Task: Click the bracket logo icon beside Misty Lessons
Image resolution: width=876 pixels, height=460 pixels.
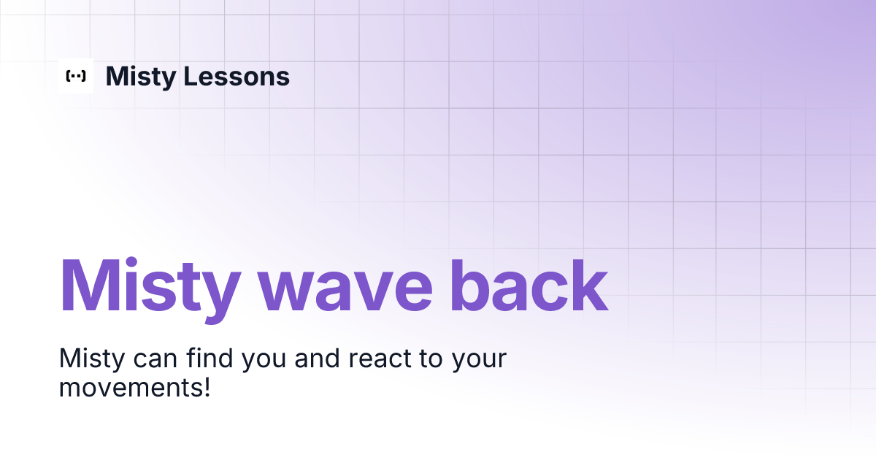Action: click(x=76, y=76)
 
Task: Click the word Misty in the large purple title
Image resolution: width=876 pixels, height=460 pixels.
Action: click(x=152, y=286)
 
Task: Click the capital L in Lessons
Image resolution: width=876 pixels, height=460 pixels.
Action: click(x=191, y=76)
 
